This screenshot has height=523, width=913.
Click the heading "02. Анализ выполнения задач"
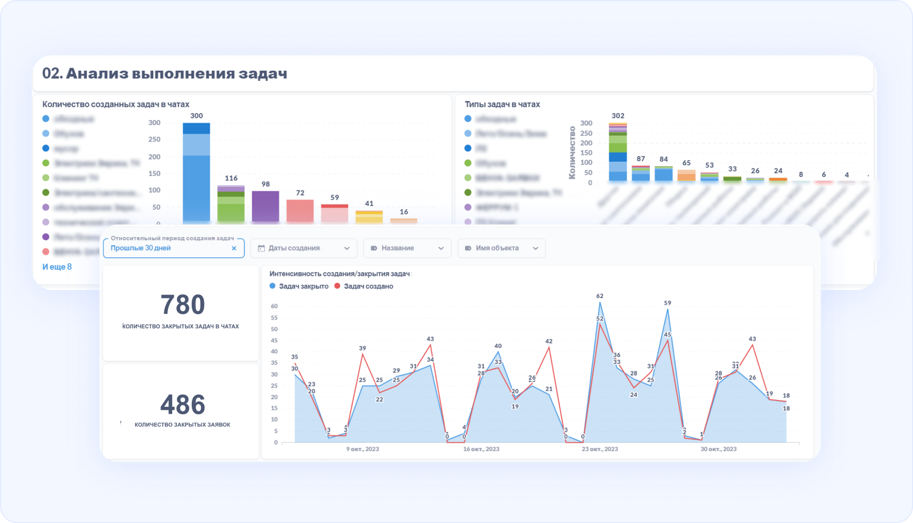(x=164, y=73)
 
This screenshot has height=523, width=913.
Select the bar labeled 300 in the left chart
(x=197, y=174)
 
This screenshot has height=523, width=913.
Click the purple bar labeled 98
(x=265, y=206)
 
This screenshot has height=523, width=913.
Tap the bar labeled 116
(x=231, y=203)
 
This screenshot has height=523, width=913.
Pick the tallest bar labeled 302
(x=618, y=153)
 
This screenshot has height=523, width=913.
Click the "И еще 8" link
(x=57, y=267)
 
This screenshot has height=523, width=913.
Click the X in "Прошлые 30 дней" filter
(x=234, y=248)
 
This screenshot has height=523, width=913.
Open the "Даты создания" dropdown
(x=304, y=248)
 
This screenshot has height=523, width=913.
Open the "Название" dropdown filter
(x=407, y=248)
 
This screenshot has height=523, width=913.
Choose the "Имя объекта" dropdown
(x=501, y=248)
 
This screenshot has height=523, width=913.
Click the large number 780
(x=182, y=305)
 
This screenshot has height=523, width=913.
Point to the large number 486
(x=182, y=405)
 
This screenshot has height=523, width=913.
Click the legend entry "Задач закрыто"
(x=299, y=286)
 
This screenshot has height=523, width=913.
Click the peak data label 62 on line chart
(x=600, y=296)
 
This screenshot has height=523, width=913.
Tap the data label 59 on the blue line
(x=667, y=303)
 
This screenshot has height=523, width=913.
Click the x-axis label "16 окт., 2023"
(x=481, y=449)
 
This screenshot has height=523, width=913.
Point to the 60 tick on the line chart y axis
(x=274, y=306)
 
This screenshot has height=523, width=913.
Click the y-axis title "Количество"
(x=572, y=153)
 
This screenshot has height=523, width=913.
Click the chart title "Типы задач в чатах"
(x=502, y=105)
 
